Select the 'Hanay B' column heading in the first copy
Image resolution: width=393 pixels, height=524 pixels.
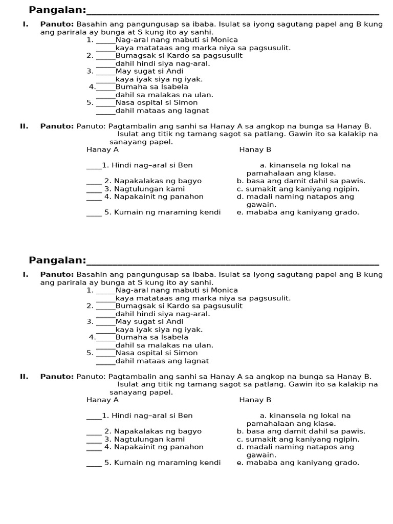255,150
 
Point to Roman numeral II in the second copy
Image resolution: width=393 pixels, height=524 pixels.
24,377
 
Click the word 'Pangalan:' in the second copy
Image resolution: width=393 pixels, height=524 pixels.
57,260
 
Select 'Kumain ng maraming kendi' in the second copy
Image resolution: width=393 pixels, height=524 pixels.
163,463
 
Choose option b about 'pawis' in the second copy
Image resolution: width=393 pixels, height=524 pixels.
301,431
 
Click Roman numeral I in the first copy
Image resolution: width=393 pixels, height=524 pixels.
25,24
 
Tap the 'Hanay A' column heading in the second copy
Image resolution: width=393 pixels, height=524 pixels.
102,400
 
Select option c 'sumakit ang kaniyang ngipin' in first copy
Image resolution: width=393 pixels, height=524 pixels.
298,189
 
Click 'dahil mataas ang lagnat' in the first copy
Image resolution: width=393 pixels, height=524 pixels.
162,111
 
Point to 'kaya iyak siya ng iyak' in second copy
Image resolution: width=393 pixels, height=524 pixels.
159,330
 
